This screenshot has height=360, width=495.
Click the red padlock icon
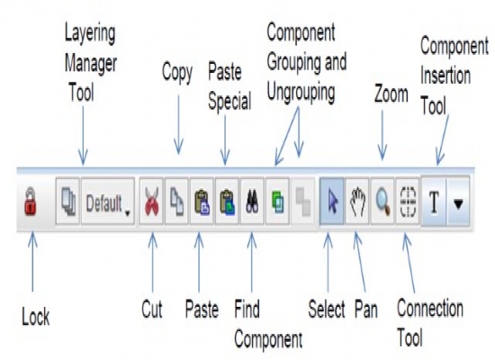pos(31,202)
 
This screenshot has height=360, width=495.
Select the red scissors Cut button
pos(151,202)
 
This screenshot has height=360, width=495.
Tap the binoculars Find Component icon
pos(252,202)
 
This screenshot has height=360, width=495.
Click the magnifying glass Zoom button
pos(382,202)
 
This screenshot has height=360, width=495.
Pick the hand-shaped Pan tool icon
pos(357,202)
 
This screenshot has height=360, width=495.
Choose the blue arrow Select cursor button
pos(332,202)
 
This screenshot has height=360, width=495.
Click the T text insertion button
pos(434,202)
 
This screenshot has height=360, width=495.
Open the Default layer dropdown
pos(108,202)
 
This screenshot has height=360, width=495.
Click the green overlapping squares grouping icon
pos(277,202)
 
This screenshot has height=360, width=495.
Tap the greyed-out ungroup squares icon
pos(302,202)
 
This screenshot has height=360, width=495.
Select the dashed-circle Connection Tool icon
pos(408,202)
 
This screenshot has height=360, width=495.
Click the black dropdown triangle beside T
pos(458,204)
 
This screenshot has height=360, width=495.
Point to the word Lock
pos(36,317)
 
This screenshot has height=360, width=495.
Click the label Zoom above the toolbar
pos(391,94)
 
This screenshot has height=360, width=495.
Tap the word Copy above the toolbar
pos(177,73)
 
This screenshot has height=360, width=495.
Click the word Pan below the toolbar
pos(366,309)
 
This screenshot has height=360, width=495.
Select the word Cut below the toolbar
pos(152,309)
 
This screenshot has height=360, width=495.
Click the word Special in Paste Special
pos(229,102)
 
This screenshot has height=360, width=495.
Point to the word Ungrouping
pos(301,92)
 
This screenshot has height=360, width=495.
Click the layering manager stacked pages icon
pos(67,202)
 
